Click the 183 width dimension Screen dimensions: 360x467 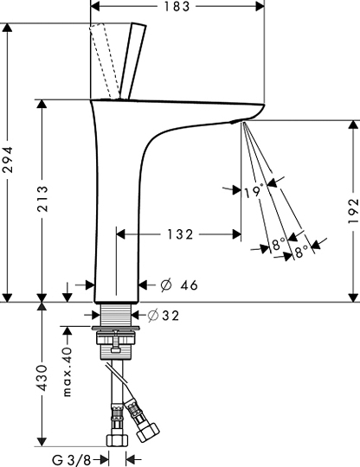[177, 6]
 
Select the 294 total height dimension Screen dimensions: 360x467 [7, 159]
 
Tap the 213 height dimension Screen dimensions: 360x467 [42, 198]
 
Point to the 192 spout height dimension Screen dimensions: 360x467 [353, 211]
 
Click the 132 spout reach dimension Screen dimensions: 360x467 [180, 234]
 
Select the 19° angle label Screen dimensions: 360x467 [254, 191]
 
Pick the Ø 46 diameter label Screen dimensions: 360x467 [179, 285]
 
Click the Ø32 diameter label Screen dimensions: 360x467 [164, 316]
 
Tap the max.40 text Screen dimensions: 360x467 [67, 372]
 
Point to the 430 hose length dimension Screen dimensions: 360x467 [42, 377]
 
